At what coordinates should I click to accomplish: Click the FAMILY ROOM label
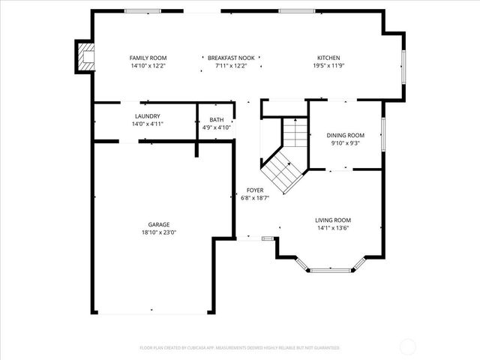pos(148,58)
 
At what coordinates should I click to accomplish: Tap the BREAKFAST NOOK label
pos(231,58)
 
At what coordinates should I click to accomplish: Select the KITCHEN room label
pos(328,58)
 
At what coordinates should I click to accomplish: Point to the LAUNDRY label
pos(147,116)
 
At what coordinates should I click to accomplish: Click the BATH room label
pos(216,120)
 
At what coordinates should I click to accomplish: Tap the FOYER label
pos(254,190)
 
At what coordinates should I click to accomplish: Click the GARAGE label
pos(158,224)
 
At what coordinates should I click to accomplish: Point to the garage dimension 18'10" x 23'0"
pos(158,232)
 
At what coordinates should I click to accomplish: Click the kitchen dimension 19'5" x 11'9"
pos(328,66)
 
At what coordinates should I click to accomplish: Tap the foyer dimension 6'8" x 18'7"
pos(254,198)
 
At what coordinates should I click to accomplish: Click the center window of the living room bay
pos(331,269)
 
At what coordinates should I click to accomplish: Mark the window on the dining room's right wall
pos(382,134)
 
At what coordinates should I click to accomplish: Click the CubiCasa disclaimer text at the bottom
pos(239,348)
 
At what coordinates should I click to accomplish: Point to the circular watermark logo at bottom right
pos(408,346)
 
